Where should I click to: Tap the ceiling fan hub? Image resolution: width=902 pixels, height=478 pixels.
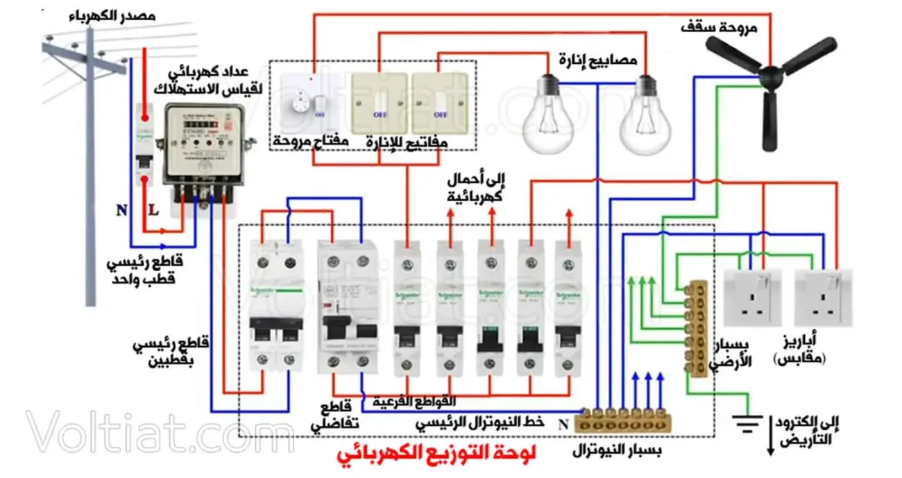coord(768,72)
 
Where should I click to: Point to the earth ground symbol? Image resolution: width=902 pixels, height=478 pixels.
coord(749,422)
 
